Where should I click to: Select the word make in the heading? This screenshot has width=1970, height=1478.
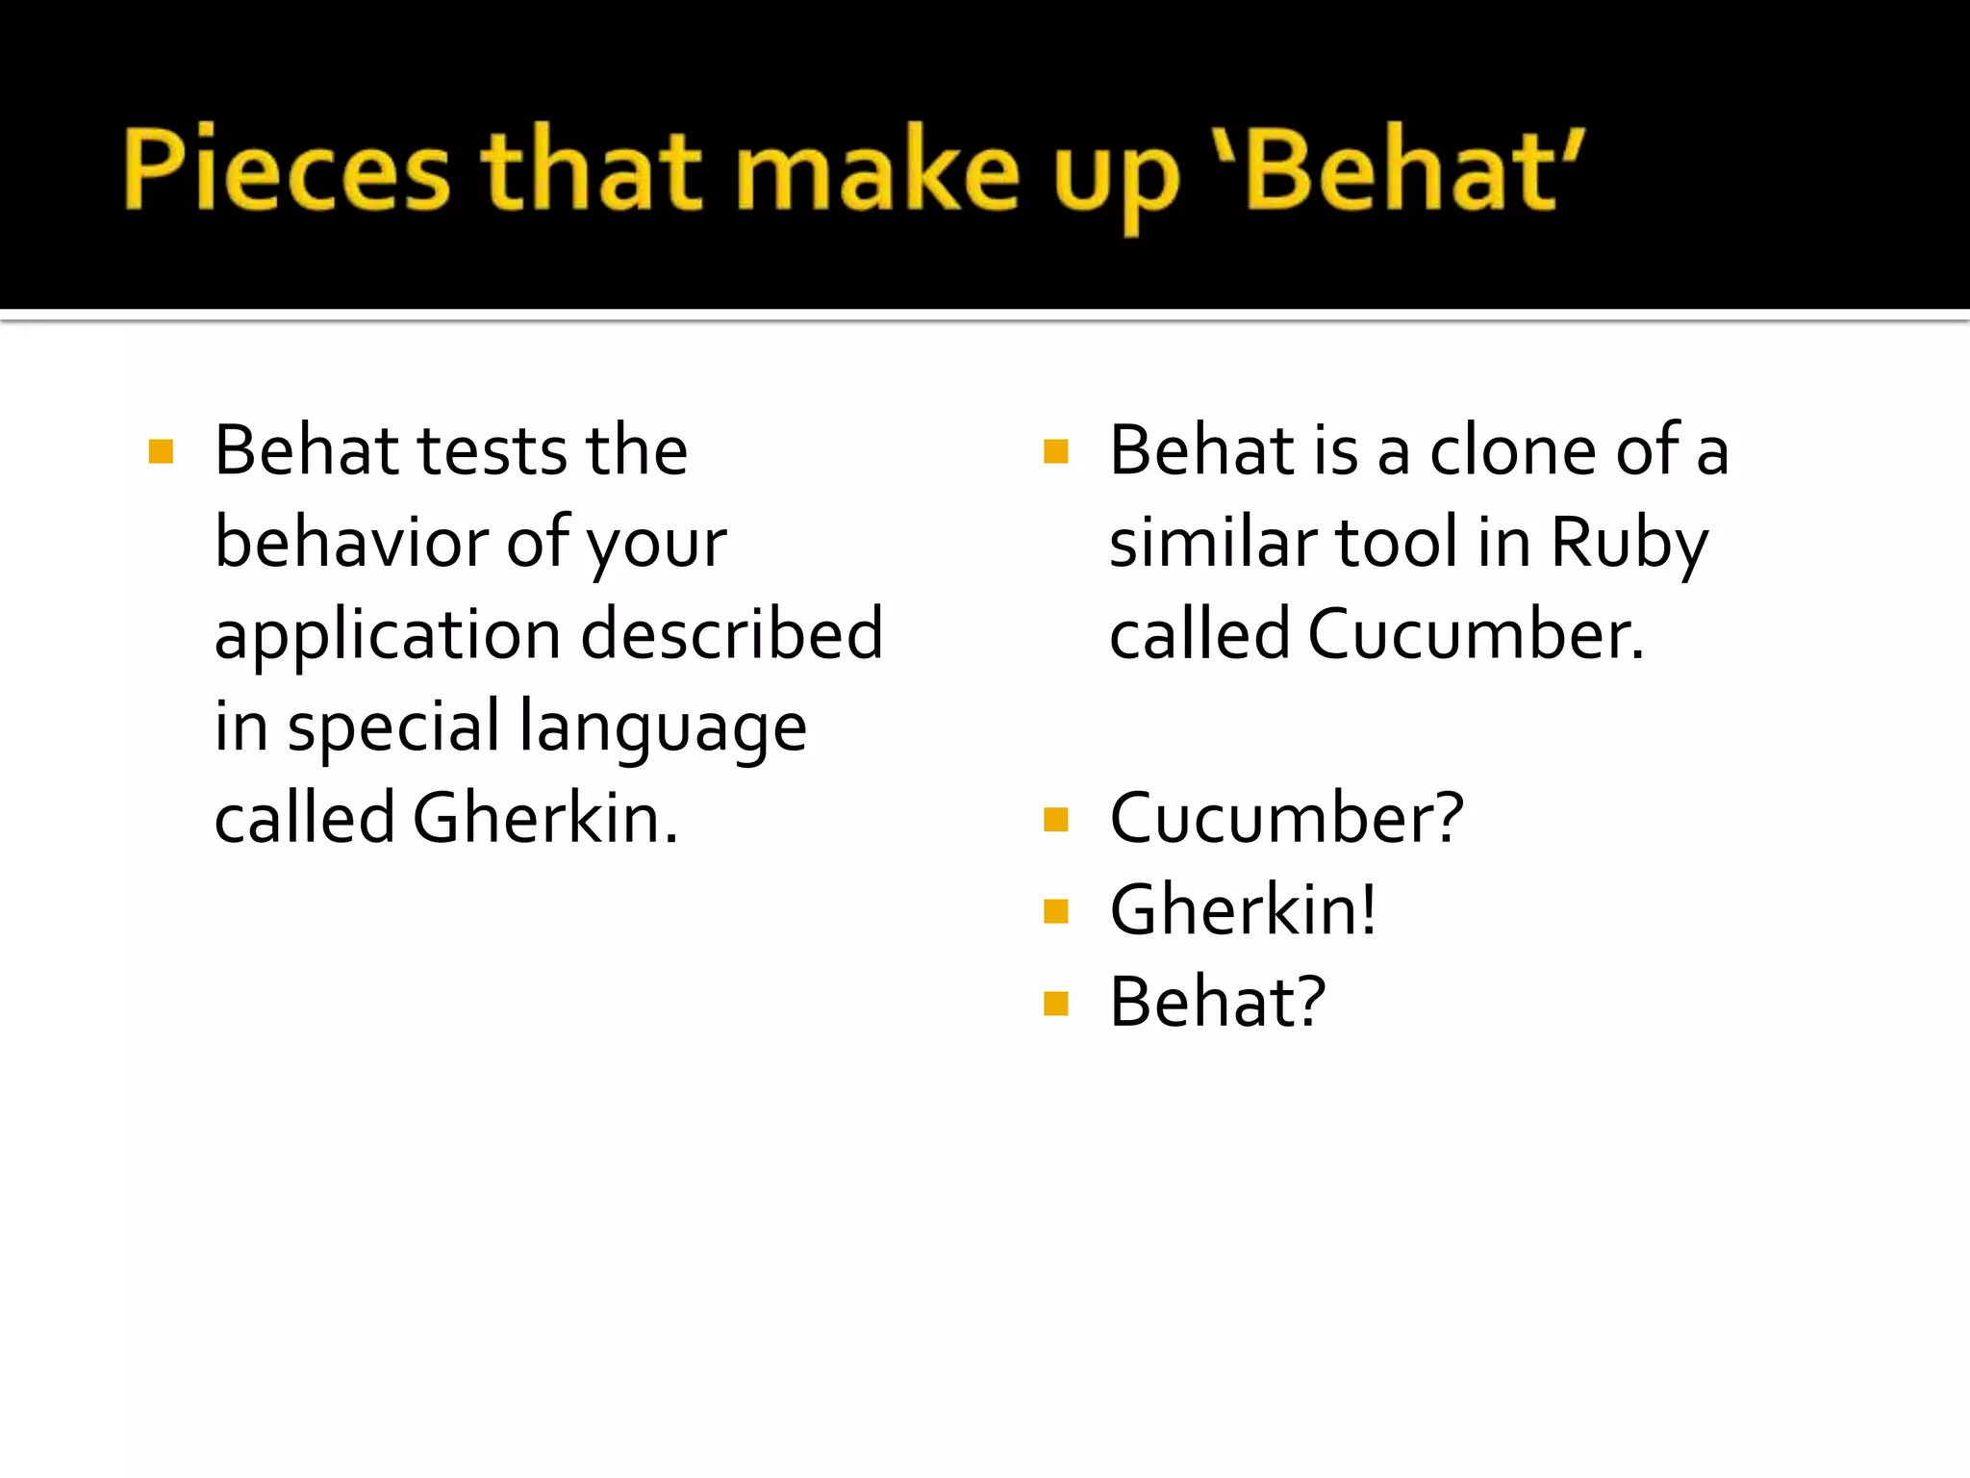877,170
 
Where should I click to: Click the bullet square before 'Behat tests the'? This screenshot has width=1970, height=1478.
161,451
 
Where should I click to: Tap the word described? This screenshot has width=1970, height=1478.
732,635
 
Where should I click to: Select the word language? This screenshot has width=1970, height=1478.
663,728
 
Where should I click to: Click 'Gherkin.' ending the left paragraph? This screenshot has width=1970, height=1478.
545,819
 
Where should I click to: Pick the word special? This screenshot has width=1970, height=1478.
393,728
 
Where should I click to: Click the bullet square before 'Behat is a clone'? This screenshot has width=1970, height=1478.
1055,451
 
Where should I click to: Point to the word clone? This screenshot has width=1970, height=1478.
1513,450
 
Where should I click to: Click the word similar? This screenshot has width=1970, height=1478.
1213,543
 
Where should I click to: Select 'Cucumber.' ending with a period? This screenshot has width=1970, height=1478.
1476,635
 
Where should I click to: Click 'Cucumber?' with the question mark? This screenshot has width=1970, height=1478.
1286,819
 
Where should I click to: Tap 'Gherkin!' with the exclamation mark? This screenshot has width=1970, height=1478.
1243,910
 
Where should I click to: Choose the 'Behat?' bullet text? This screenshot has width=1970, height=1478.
1218,1003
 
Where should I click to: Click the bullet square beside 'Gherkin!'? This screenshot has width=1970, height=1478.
1055,911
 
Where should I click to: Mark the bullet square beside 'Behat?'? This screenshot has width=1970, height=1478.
1055,1004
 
